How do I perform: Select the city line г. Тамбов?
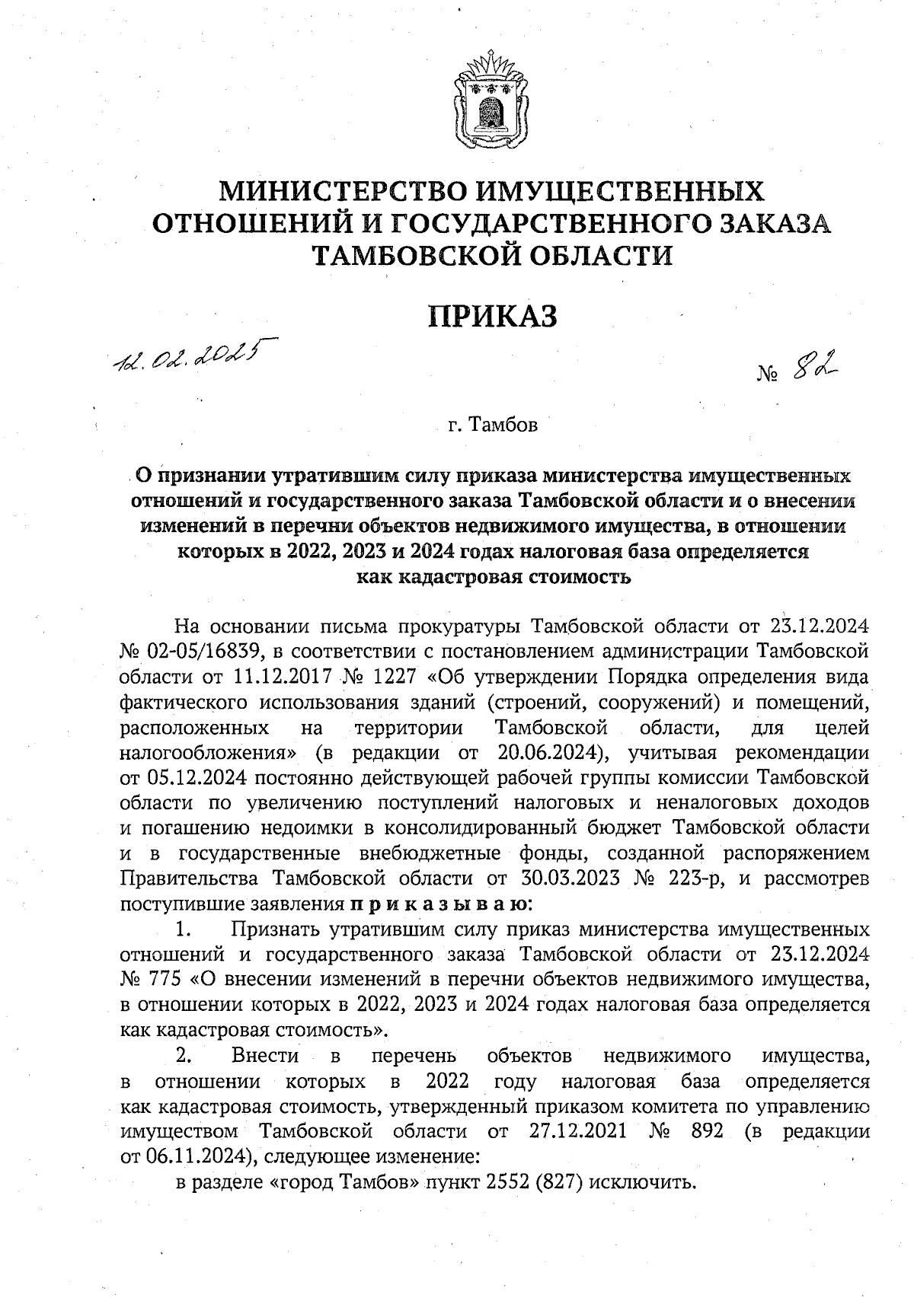(493, 424)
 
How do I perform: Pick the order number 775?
(160, 978)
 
